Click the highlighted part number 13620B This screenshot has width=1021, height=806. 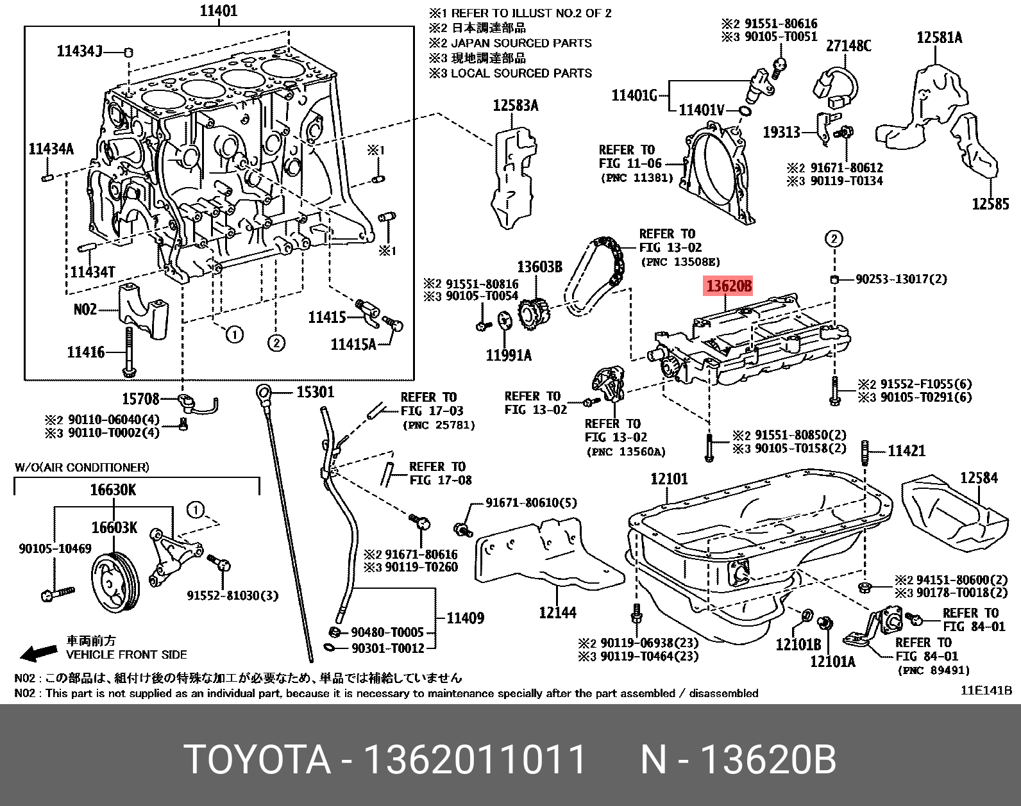click(x=729, y=286)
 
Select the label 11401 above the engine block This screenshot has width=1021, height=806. click(x=218, y=11)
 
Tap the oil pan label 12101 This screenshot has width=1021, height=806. click(x=668, y=479)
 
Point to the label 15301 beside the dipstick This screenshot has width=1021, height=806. click(x=315, y=392)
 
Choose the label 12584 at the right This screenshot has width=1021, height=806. click(x=979, y=477)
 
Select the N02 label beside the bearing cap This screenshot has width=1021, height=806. click(x=85, y=309)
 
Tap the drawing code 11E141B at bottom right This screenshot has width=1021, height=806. click(x=985, y=691)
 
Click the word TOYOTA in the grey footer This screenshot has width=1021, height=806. click(x=257, y=761)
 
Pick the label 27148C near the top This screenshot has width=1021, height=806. click(x=848, y=45)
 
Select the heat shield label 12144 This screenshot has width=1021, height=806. click(x=557, y=613)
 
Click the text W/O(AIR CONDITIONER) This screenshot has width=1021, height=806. click(x=81, y=467)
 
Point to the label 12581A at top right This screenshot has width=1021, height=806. click(x=939, y=38)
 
